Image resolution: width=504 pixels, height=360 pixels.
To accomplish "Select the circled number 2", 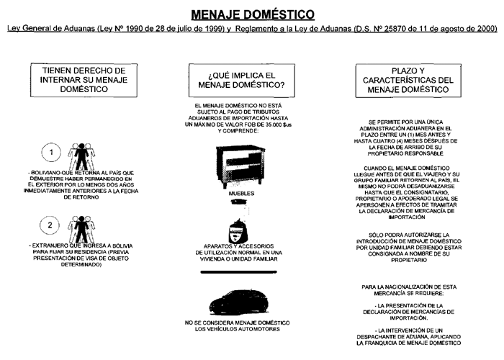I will (x=49, y=225).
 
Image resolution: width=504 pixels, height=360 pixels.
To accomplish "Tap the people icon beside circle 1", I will (x=76, y=155).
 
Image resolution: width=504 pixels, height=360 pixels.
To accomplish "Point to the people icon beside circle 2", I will (x=76, y=225).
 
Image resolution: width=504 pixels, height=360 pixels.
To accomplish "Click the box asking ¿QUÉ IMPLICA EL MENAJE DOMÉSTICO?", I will (x=237, y=81).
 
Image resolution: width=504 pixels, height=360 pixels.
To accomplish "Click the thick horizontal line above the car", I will (x=237, y=274).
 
